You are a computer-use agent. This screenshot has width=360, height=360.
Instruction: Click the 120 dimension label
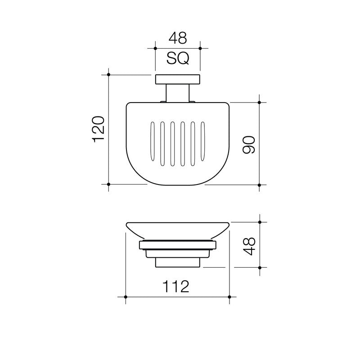coord(99,130)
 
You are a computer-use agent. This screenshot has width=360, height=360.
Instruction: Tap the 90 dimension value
coord(249,144)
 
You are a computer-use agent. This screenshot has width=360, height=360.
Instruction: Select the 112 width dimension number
coord(177,286)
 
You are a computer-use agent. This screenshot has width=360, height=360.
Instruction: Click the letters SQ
coord(178,59)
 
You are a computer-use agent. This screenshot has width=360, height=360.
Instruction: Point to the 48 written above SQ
coord(177,38)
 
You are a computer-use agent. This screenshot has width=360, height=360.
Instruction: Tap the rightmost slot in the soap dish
coord(203,141)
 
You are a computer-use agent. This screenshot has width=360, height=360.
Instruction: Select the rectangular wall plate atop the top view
coord(178,80)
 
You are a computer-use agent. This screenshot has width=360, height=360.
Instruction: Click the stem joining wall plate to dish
coord(178,93)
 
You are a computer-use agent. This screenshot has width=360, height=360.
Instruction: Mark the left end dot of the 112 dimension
coord(126,297)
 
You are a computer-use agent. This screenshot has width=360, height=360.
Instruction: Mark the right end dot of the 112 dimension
coord(229,297)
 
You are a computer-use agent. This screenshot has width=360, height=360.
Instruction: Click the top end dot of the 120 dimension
coord(109,75)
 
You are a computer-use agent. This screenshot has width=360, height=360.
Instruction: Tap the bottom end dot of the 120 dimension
coord(109,184)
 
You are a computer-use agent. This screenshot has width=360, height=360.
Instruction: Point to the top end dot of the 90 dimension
coord(259,103)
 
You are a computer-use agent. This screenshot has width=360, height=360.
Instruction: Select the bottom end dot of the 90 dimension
coord(259,184)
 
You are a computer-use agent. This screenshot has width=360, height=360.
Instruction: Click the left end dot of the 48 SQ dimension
coord(155,48)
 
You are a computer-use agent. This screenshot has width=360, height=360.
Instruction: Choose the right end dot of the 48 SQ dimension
coord(200,48)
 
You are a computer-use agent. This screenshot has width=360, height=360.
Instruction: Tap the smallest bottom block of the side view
coord(178,262)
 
